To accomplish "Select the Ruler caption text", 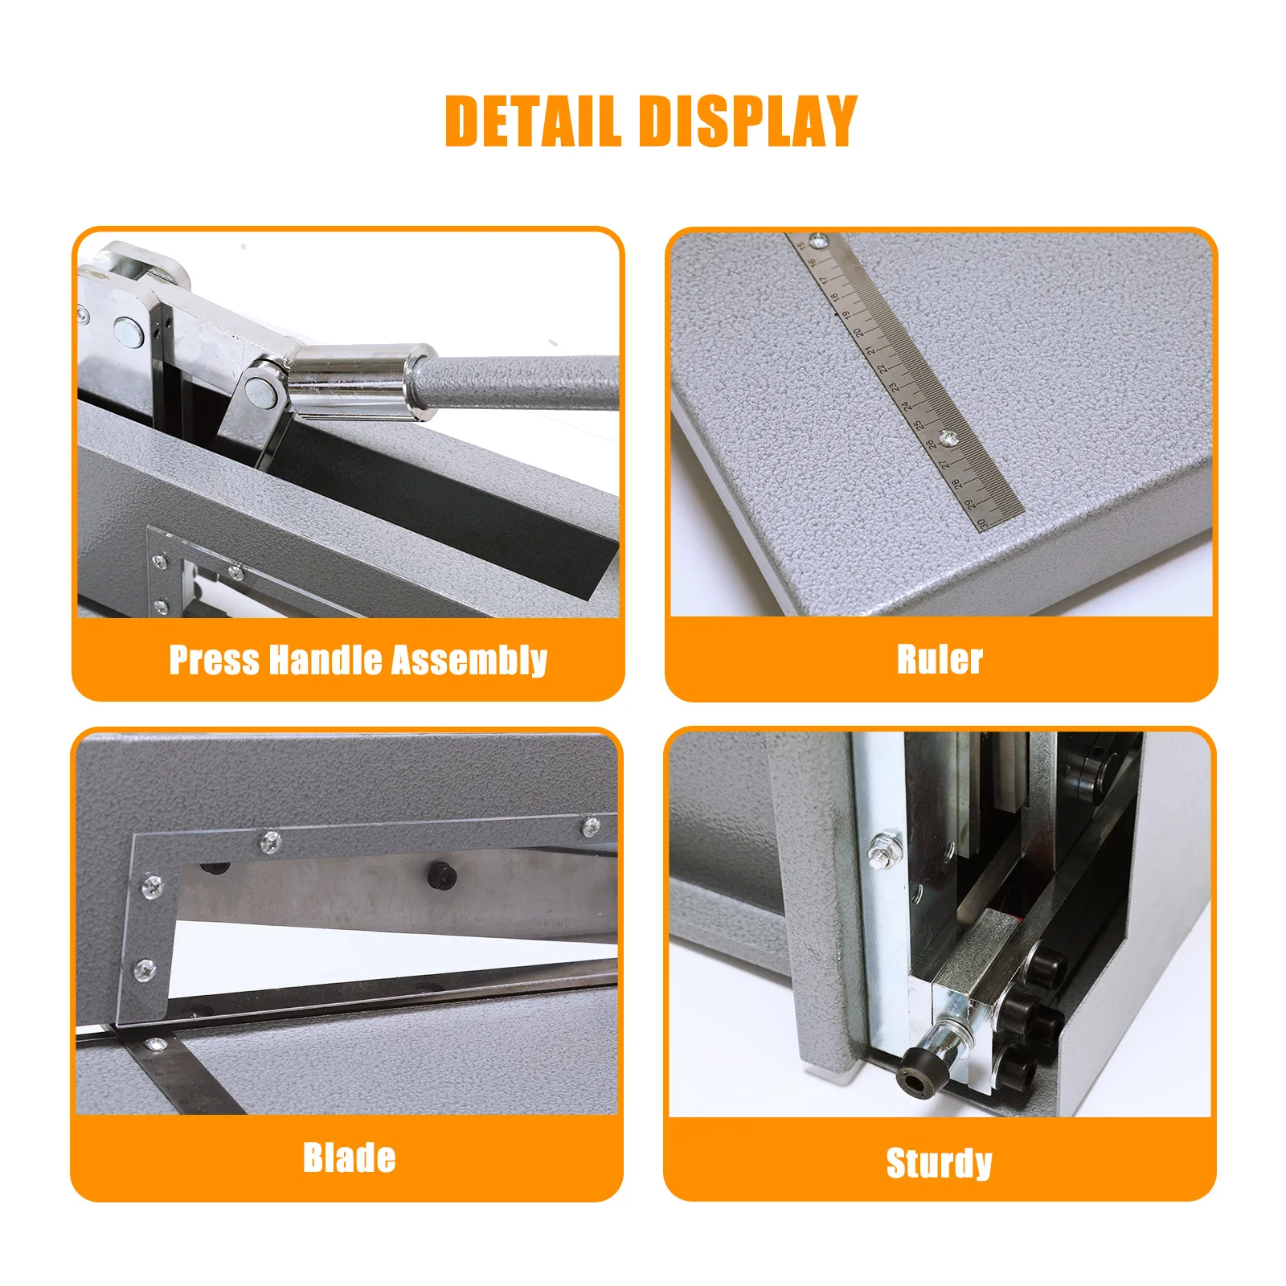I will pos(940,660).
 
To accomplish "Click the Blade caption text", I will pos(349,1158).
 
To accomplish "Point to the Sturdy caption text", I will pos(939,1163).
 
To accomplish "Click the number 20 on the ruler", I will pos(859,331).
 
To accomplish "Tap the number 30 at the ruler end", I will pos(982,523).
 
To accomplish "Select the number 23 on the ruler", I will pos(895,387).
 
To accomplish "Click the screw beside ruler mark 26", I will pos(951,438).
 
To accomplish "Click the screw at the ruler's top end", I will pos(819,240).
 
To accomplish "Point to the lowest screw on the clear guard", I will pos(145,969).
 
